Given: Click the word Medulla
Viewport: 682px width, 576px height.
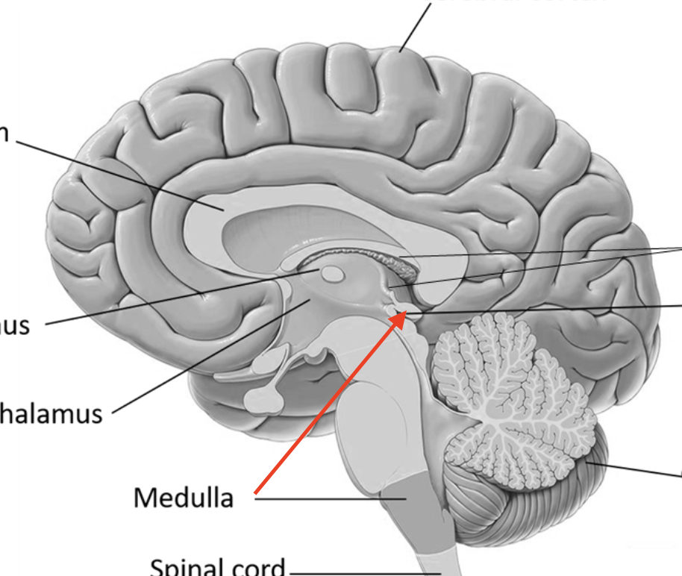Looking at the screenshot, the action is (x=184, y=496).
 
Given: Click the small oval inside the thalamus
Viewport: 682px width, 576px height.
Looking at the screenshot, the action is (x=334, y=276).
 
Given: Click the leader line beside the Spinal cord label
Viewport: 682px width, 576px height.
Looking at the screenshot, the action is (x=358, y=572).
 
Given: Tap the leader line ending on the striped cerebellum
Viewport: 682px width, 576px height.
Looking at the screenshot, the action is (x=634, y=470).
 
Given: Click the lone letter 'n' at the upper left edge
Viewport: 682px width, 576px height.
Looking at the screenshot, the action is (x=4, y=134).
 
